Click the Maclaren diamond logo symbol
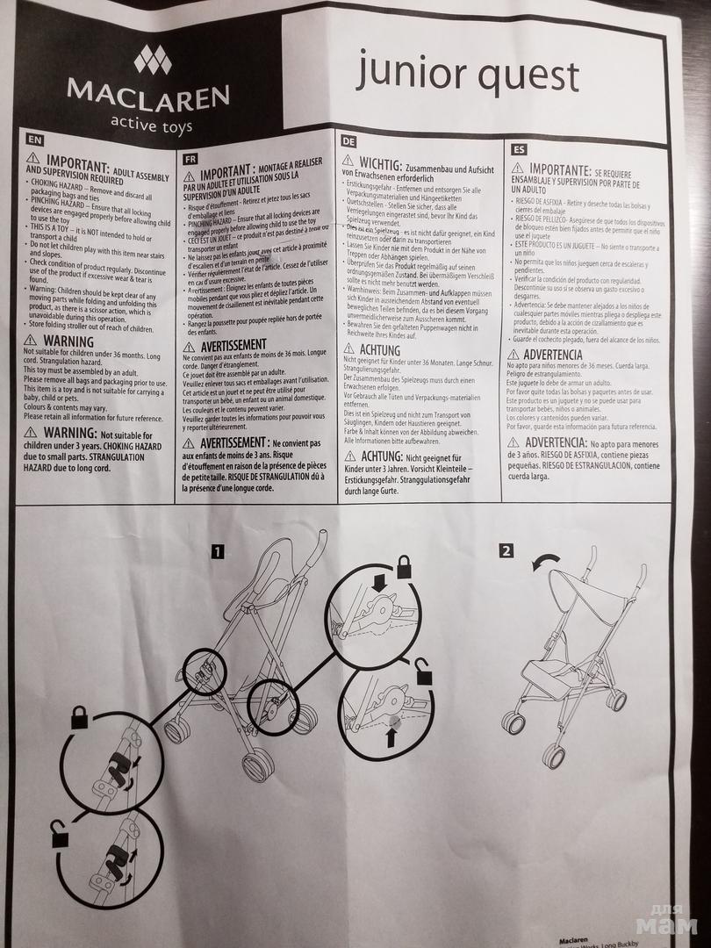point(152,60)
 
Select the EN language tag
point(34,140)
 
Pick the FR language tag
point(190,161)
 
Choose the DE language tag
point(348,140)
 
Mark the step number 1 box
point(217,551)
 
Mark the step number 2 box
point(506,551)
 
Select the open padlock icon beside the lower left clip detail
point(60,837)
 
